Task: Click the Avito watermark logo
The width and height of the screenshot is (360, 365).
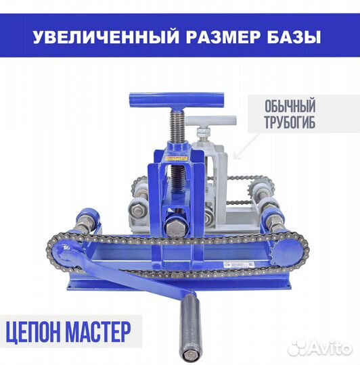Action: [318, 347]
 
